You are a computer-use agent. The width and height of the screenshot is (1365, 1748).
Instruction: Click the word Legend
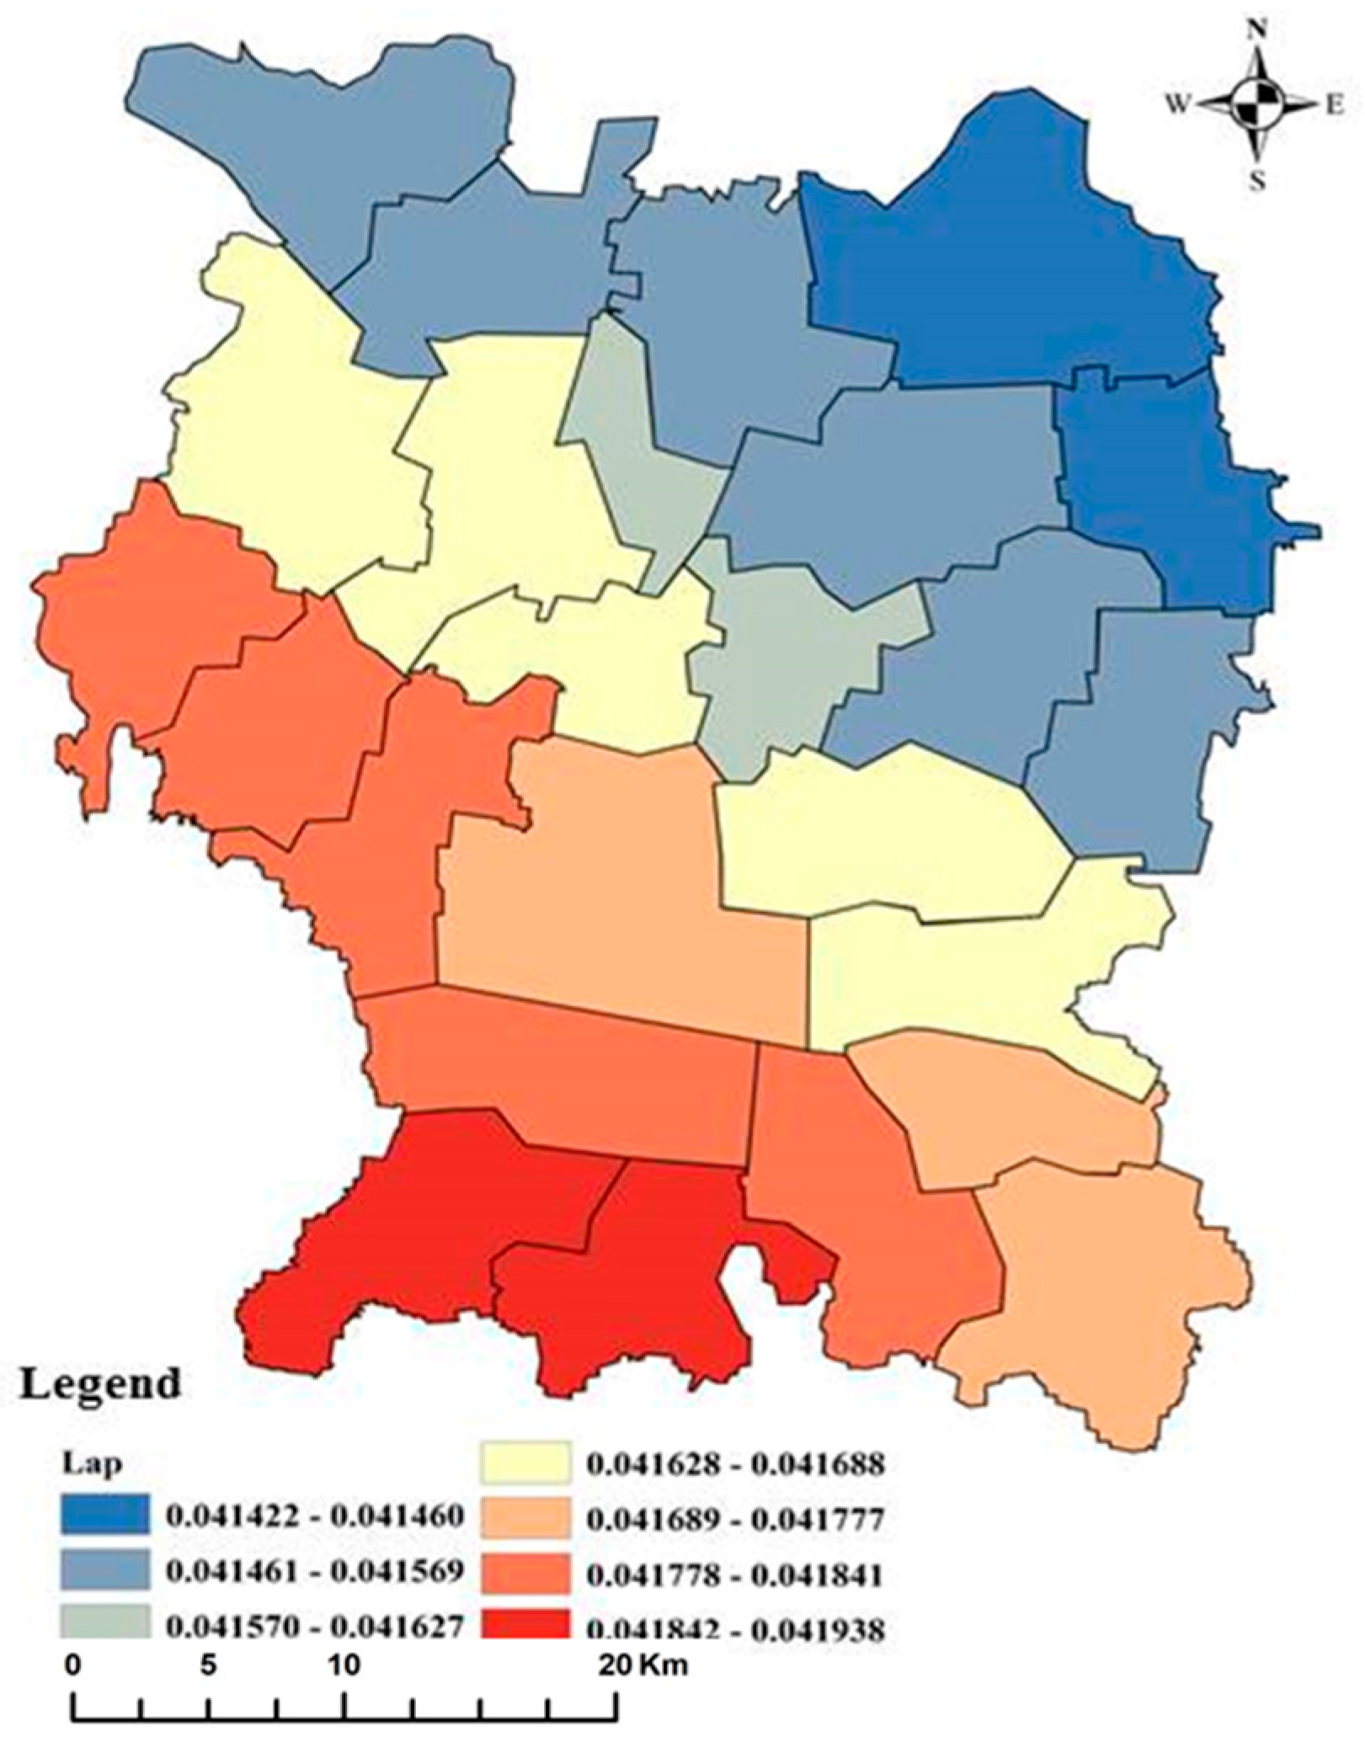(99, 1382)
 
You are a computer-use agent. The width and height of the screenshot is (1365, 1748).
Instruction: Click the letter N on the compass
(1259, 31)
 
